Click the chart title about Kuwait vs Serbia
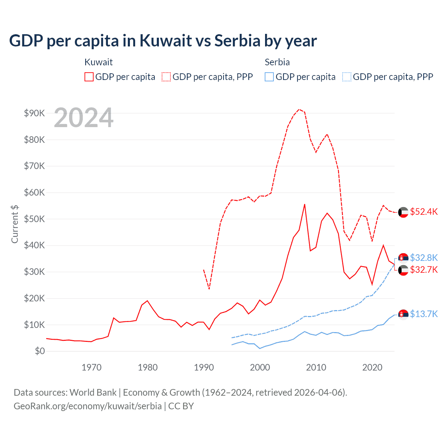(x=163, y=41)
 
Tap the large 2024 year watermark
(x=83, y=118)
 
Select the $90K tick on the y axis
(x=34, y=113)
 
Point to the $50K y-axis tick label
(x=34, y=219)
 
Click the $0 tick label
(x=40, y=351)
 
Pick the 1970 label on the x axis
(x=91, y=367)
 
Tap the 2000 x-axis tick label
(x=260, y=367)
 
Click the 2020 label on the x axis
(x=372, y=367)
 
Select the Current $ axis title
(x=15, y=224)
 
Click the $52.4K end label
(x=424, y=212)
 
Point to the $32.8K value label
(x=424, y=258)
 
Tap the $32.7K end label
(x=424, y=270)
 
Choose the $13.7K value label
(x=424, y=314)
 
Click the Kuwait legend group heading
(x=98, y=62)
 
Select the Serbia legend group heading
(x=277, y=62)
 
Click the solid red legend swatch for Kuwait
(x=89, y=77)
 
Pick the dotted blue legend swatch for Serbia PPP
(x=347, y=77)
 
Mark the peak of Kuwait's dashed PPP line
(x=299, y=109)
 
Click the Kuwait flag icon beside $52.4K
(x=403, y=212)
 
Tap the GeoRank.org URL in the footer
(x=88, y=406)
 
